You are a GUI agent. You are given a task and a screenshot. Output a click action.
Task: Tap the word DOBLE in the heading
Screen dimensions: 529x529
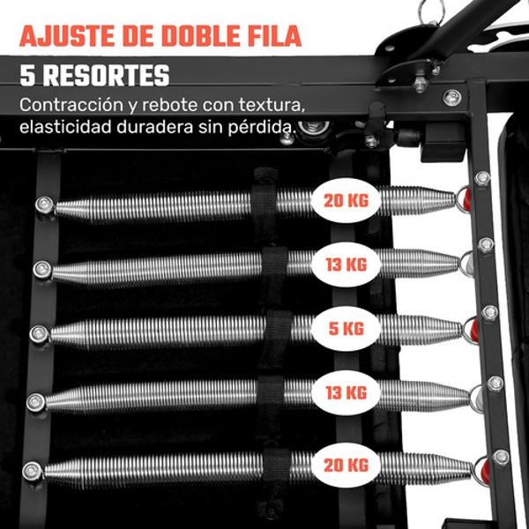coord(197,36)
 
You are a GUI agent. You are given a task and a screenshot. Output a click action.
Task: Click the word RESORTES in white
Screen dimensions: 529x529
coord(107,76)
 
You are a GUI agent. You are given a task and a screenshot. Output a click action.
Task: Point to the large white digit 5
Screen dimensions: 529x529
coord(27,76)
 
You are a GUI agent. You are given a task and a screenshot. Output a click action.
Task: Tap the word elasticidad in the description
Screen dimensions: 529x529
coord(65,127)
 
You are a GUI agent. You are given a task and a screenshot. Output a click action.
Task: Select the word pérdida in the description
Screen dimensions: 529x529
coord(262,128)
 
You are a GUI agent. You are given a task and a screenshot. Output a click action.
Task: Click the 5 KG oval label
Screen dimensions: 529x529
coord(346,329)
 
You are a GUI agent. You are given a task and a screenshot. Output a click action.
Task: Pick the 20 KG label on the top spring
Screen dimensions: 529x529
coord(346,200)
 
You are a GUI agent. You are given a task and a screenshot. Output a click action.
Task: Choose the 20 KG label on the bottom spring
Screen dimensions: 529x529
coord(346,466)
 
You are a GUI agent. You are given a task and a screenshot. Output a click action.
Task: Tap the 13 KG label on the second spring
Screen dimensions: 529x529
coord(346,264)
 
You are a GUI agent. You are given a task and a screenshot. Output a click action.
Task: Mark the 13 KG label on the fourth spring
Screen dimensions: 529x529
coord(346,392)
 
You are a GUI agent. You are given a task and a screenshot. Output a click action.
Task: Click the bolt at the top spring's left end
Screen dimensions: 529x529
coord(45,205)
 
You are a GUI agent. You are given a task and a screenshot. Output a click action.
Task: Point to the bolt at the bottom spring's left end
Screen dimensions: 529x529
coord(32,471)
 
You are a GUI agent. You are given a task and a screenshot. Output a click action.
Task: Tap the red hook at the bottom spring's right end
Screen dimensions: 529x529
coord(484,472)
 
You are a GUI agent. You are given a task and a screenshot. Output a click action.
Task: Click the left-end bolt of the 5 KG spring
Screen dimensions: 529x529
coord(39,334)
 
